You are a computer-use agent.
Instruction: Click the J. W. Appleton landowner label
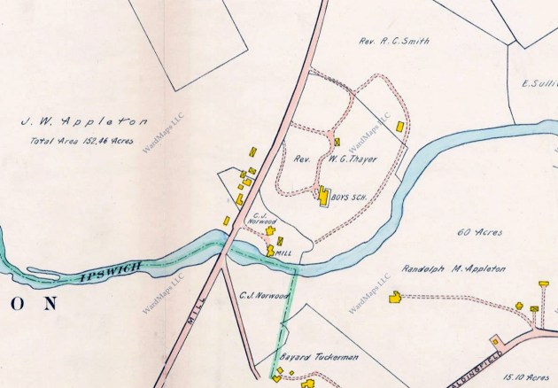pos(83,122)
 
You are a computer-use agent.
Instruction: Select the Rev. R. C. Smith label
pos(393,41)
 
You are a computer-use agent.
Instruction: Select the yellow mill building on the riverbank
pos(270,251)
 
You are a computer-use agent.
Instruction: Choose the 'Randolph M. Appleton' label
pos(453,267)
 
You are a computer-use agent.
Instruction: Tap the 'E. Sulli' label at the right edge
pos(539,84)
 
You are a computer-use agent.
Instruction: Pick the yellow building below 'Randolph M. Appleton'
pos(394,299)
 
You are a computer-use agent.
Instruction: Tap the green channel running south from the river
pos(285,319)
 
